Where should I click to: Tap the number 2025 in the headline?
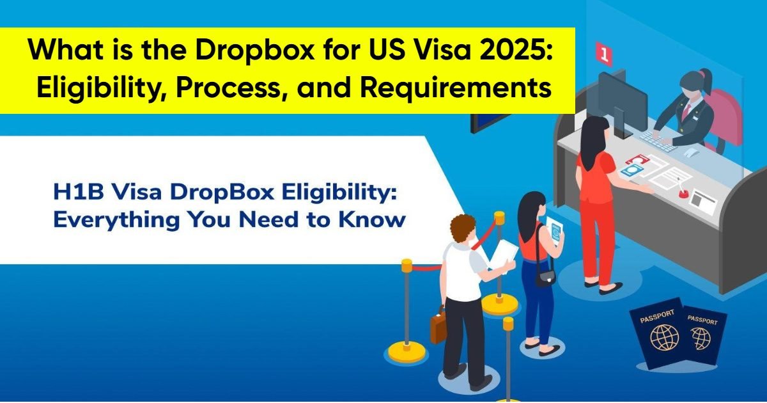509,51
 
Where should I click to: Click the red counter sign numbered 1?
603,53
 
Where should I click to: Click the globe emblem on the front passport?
664,336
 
